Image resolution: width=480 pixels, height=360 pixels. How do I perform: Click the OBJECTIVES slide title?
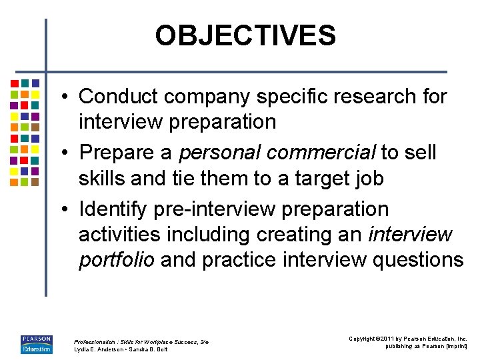tap(245, 35)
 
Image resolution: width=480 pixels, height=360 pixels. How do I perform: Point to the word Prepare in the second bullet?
tap(117, 153)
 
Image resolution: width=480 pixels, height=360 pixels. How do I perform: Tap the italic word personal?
tap(222, 153)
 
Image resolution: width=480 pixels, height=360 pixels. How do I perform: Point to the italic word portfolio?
tap(117, 260)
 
